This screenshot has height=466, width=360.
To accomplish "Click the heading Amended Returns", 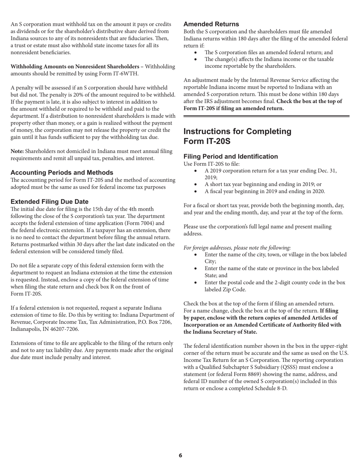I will point(211,24).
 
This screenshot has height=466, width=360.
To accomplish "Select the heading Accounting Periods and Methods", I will point(62,172).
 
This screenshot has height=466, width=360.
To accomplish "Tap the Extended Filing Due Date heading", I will point(50,202).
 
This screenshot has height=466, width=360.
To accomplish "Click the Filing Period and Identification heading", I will point(230,156).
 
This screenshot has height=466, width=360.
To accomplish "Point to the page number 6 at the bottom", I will point(180,455).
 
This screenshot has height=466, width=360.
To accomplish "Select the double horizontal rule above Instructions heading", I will point(266,117).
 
